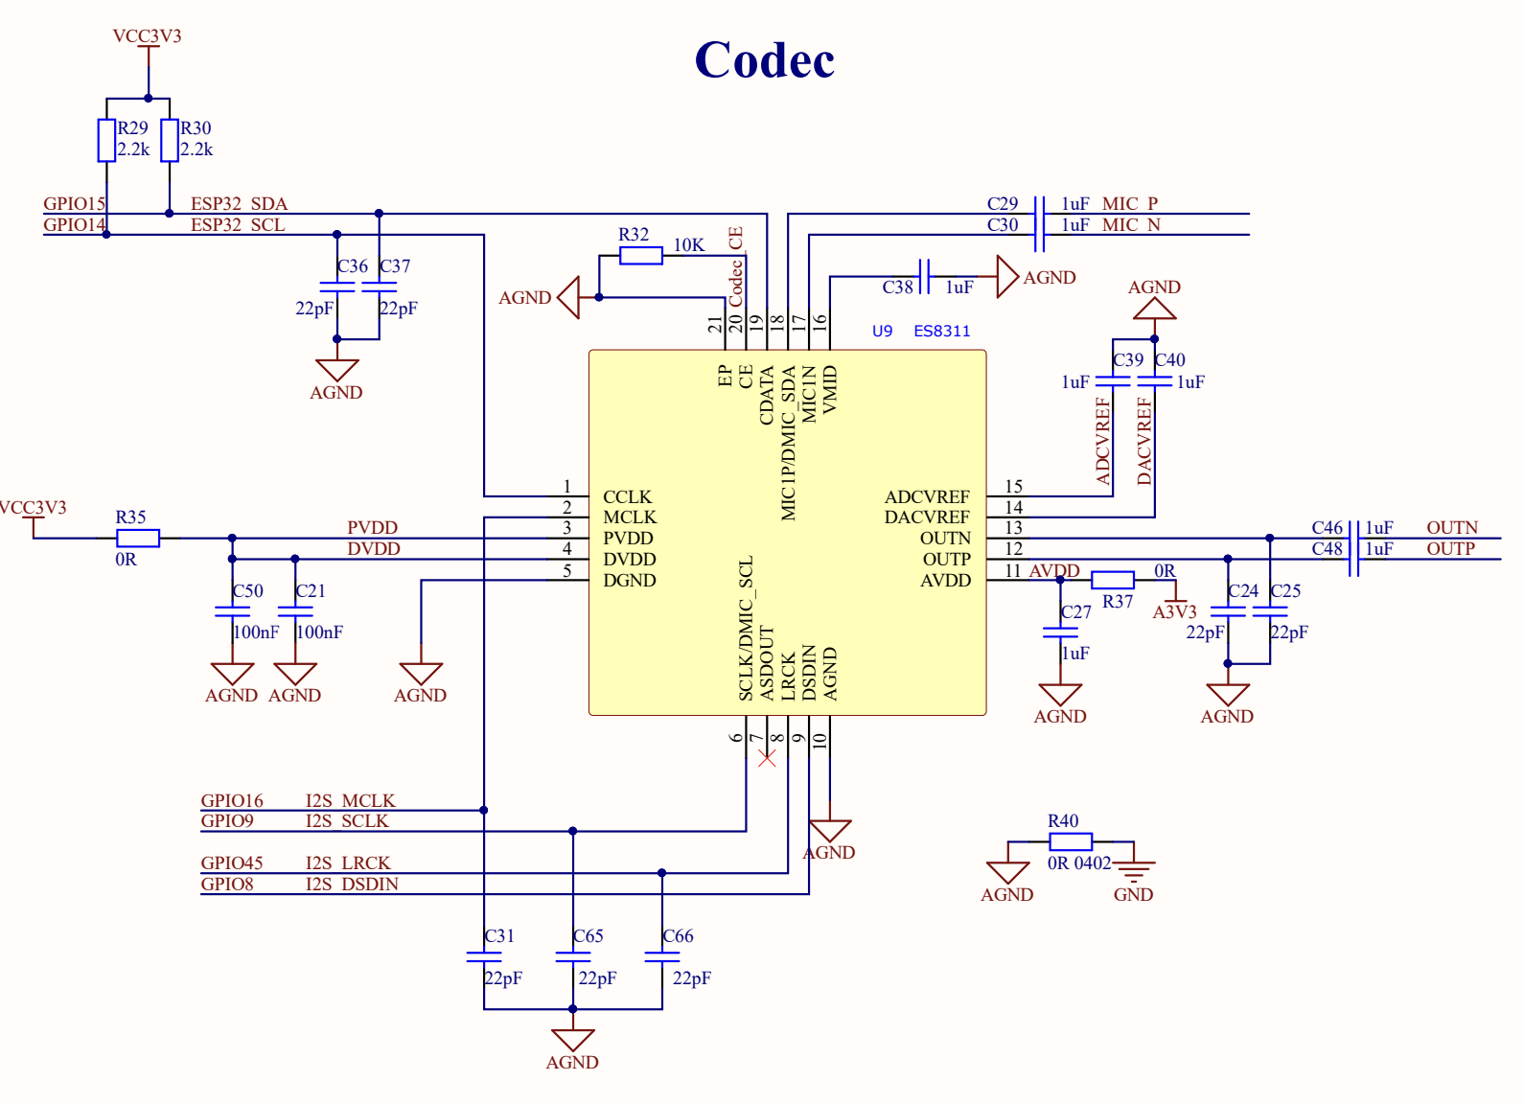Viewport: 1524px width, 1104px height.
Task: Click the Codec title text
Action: (x=764, y=60)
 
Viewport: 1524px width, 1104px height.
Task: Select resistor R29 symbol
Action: (x=106, y=140)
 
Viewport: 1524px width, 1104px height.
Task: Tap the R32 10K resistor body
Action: (x=640, y=256)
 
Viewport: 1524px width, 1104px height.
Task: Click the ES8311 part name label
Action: (x=941, y=332)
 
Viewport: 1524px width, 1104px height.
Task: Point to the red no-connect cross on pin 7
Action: (x=767, y=758)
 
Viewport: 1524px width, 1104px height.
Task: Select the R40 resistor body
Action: (x=1070, y=842)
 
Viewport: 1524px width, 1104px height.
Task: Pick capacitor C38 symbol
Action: (x=924, y=277)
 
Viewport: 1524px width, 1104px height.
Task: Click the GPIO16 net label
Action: (x=232, y=801)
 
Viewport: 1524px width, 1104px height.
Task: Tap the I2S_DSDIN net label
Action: (x=352, y=885)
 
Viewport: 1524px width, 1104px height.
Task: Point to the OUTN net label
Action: (x=1451, y=528)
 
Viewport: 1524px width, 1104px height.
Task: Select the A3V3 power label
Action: (x=1174, y=611)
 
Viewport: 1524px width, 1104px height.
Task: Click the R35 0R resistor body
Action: (x=138, y=539)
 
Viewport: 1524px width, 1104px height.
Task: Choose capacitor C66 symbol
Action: (x=662, y=956)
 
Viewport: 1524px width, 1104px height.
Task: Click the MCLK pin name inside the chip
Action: (x=630, y=517)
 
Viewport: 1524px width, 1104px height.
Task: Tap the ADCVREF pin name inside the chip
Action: (x=926, y=497)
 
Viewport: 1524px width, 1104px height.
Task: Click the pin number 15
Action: (x=1013, y=487)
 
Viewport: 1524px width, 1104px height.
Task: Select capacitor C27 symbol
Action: (x=1060, y=632)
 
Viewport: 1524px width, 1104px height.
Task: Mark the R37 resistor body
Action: (x=1113, y=580)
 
